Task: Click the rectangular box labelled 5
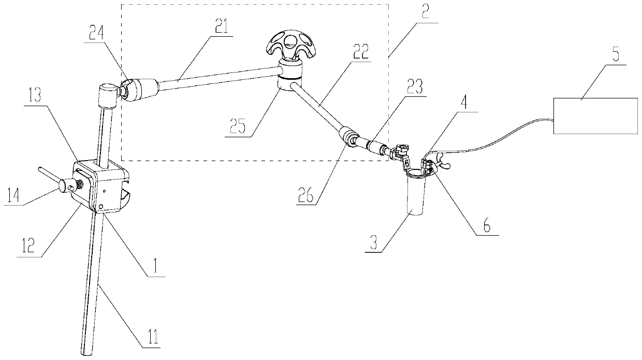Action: point(595,115)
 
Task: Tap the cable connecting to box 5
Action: point(497,134)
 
